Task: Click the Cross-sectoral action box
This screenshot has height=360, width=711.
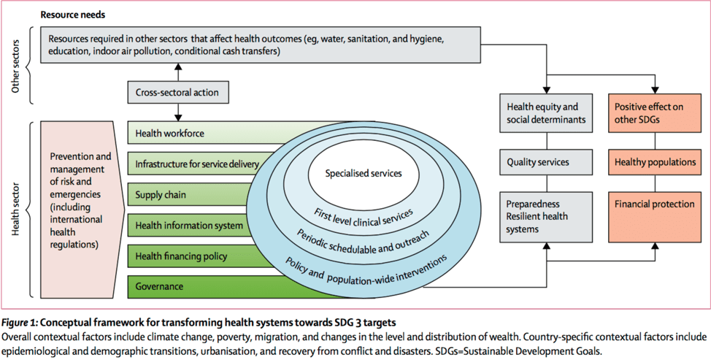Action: click(177, 93)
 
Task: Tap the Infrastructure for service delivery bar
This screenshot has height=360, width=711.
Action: click(196, 164)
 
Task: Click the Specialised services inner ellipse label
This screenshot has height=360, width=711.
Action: click(363, 174)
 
